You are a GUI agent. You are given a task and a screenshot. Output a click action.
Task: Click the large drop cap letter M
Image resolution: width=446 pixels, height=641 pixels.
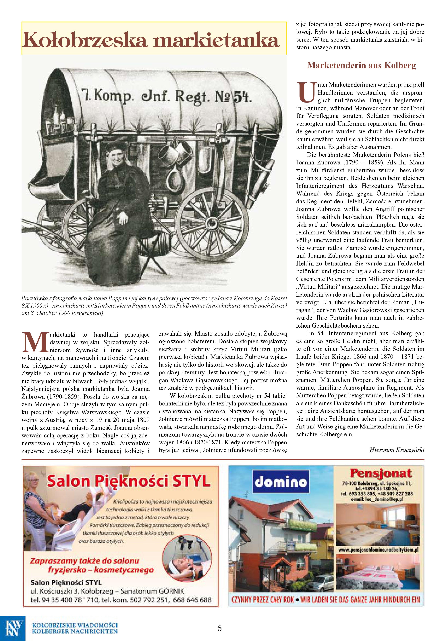(x=35, y=342)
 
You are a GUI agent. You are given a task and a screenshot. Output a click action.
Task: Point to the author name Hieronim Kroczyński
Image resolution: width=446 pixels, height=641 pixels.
(x=397, y=450)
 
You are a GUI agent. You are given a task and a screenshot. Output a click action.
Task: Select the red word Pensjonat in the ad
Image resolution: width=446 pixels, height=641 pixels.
(x=381, y=473)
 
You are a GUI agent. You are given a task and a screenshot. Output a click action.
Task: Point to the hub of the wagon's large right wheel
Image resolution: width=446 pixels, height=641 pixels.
(x=211, y=223)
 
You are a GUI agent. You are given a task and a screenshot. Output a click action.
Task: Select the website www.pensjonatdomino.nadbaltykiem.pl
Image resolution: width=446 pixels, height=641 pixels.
(x=378, y=550)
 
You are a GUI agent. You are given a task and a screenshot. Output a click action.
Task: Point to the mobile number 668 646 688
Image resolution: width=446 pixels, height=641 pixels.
(x=192, y=600)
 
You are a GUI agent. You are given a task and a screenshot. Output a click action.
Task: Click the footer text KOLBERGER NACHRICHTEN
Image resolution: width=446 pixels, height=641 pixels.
(x=75, y=631)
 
